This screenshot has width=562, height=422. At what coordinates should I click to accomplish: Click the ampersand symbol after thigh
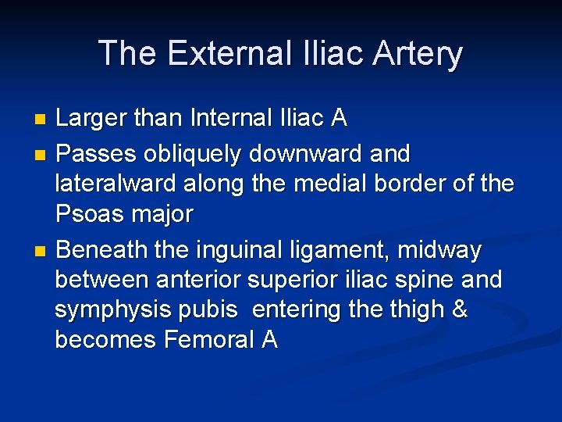pos(459,310)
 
